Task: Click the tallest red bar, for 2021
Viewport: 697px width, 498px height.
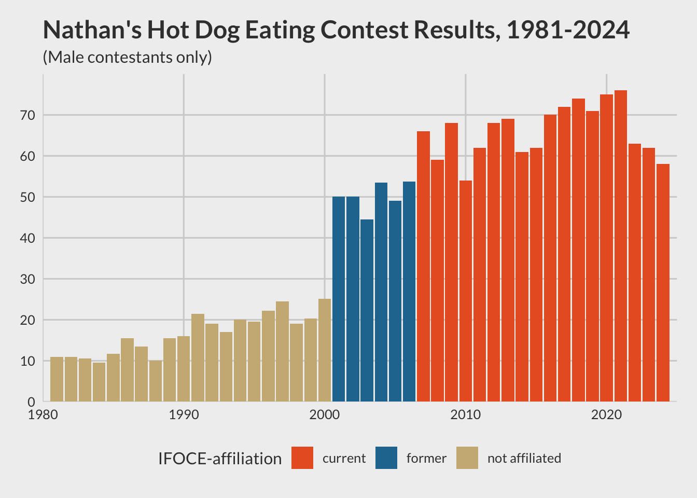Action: [620, 246]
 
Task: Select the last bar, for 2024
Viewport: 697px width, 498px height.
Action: [663, 283]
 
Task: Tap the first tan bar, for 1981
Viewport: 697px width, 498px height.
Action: [57, 379]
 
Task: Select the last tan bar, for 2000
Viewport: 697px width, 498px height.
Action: [325, 350]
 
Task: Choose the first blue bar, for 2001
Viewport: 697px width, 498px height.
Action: [339, 299]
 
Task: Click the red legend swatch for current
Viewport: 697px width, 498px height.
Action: [302, 458]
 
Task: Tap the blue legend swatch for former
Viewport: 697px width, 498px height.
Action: [386, 458]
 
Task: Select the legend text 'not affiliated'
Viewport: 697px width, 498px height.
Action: [524, 459]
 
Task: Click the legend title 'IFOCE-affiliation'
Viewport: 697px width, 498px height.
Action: [220, 459]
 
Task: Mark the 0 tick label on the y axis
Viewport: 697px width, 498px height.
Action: [32, 402]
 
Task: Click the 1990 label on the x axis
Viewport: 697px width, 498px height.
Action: [184, 415]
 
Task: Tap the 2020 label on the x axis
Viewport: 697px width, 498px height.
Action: [606, 415]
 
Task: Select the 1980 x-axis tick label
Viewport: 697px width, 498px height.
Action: [43, 415]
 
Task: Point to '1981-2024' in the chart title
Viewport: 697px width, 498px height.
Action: [568, 30]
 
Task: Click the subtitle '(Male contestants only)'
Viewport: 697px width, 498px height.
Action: [127, 57]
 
